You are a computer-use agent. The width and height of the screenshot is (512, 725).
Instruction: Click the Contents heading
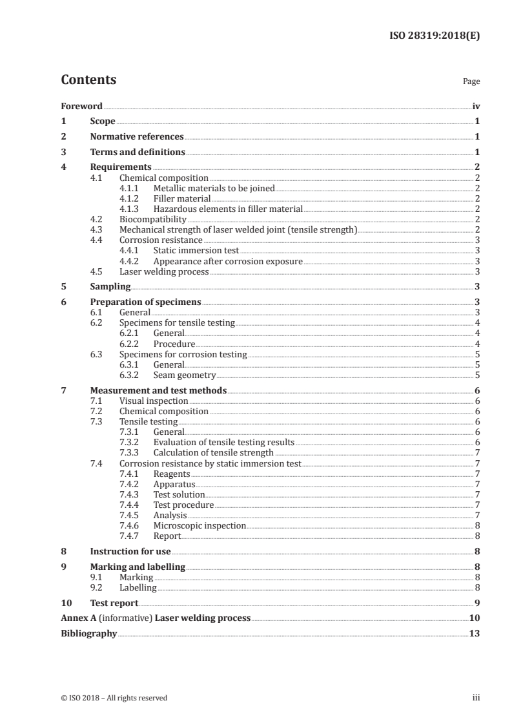point(88,80)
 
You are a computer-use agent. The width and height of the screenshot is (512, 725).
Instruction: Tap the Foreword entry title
point(81,106)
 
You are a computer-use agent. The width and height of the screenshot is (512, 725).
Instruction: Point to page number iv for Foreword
point(476,106)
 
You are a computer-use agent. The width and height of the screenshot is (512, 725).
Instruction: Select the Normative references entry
point(137,137)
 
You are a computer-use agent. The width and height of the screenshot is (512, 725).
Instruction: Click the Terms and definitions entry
point(138,152)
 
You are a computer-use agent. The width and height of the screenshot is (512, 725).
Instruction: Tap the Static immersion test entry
point(196,251)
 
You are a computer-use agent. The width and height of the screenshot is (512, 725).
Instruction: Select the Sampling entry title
point(110,286)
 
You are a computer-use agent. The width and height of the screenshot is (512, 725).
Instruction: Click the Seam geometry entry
point(184,375)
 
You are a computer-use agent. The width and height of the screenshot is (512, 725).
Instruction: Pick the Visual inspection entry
point(154,401)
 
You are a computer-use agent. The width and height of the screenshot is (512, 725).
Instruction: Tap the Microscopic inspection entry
point(200,525)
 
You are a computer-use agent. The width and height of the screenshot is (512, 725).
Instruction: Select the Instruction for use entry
point(130,551)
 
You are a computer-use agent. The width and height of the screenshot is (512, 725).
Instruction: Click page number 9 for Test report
point(476,603)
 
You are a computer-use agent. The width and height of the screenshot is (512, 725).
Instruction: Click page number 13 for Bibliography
point(475,634)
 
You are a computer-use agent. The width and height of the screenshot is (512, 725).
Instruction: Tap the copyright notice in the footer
point(114,698)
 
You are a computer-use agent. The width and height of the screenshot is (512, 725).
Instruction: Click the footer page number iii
point(476,698)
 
